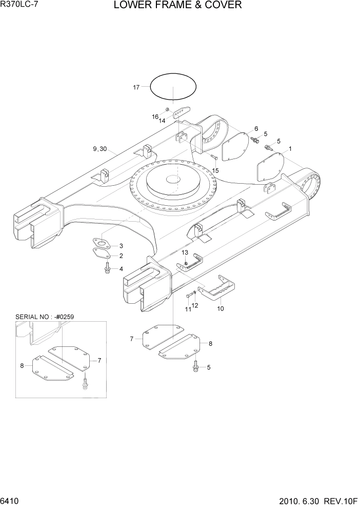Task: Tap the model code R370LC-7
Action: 20,5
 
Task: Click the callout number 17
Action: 136,88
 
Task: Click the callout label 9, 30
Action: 100,149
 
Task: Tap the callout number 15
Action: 215,170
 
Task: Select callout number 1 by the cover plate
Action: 290,149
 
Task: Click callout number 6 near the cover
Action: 255,129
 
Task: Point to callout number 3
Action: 121,246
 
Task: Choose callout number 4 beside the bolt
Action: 121,269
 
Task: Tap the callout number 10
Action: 221,309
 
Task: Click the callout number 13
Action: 185,253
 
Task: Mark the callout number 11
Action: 188,309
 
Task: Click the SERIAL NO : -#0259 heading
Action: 45,317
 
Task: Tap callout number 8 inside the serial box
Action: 22,365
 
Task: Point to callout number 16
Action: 155,117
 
